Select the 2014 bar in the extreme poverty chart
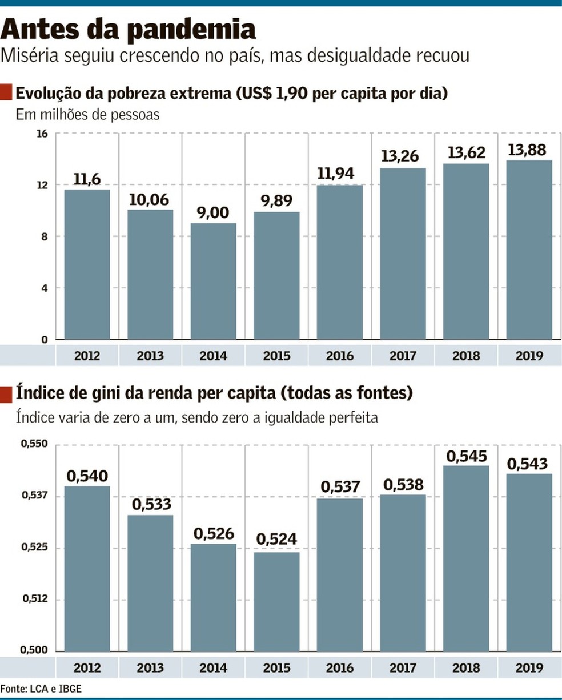[x=213, y=281]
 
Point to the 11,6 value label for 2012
[x=87, y=180]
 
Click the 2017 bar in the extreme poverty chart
[x=403, y=254]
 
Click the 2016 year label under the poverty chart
[x=340, y=356]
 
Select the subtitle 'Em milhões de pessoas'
[x=87, y=115]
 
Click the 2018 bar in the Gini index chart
[x=466, y=558]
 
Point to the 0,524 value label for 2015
[x=276, y=540]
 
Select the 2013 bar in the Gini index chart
[x=150, y=582]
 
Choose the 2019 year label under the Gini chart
[x=529, y=667]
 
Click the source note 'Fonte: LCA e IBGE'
[x=41, y=689]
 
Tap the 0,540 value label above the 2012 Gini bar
[x=87, y=476]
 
